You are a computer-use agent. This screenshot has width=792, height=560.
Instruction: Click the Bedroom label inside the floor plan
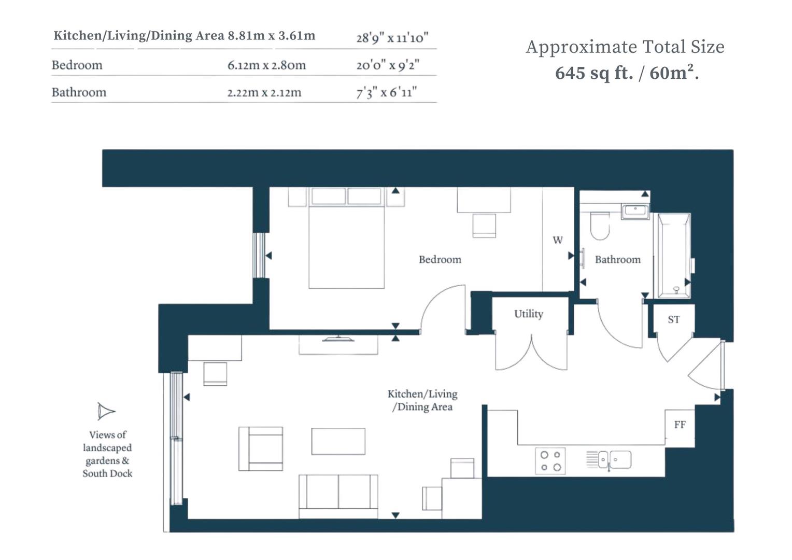(x=440, y=259)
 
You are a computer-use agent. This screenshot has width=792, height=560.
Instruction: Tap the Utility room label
(x=528, y=314)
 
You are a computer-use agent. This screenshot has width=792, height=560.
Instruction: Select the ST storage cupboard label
(x=673, y=319)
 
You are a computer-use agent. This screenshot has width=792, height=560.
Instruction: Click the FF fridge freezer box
(x=680, y=425)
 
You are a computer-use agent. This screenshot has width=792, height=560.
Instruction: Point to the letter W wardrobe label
(x=557, y=240)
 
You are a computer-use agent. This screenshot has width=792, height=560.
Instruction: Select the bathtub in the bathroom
(x=674, y=256)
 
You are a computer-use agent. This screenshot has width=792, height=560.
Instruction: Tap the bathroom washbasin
(x=635, y=211)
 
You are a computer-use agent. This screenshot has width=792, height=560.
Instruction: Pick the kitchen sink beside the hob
(x=615, y=460)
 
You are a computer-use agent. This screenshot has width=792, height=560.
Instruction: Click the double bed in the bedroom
(x=346, y=244)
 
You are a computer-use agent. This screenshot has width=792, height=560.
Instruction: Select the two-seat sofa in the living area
(x=338, y=495)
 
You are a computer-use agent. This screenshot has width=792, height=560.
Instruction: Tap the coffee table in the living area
(x=338, y=441)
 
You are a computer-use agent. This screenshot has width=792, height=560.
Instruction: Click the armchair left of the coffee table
(x=261, y=449)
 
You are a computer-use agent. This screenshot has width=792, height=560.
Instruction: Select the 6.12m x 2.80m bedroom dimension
(x=266, y=65)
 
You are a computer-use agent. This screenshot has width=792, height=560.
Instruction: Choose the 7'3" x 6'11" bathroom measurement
(x=386, y=93)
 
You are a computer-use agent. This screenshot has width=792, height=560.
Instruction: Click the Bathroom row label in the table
(x=79, y=92)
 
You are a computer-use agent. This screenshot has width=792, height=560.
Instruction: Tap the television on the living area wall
(x=338, y=339)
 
